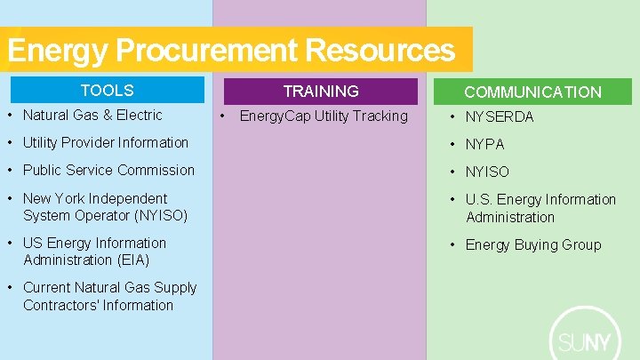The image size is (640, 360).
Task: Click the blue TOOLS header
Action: tap(107, 91)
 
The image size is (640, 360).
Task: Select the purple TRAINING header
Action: tap(320, 92)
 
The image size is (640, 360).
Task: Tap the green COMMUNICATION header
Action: tap(532, 92)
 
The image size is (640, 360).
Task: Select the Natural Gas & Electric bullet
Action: tap(92, 116)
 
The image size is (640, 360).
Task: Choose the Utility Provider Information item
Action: tap(106, 143)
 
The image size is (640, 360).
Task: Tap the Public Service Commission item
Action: tap(108, 171)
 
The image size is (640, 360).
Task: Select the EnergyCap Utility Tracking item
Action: tap(324, 116)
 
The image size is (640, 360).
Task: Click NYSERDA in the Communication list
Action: tap(500, 117)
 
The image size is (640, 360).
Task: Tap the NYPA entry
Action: tap(484, 145)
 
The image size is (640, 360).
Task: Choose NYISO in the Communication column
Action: tap(487, 172)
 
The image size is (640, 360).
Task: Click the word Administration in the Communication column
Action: tap(509, 218)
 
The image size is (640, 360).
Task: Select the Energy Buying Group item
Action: tap(533, 245)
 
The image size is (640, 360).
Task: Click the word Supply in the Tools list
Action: tap(151, 288)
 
